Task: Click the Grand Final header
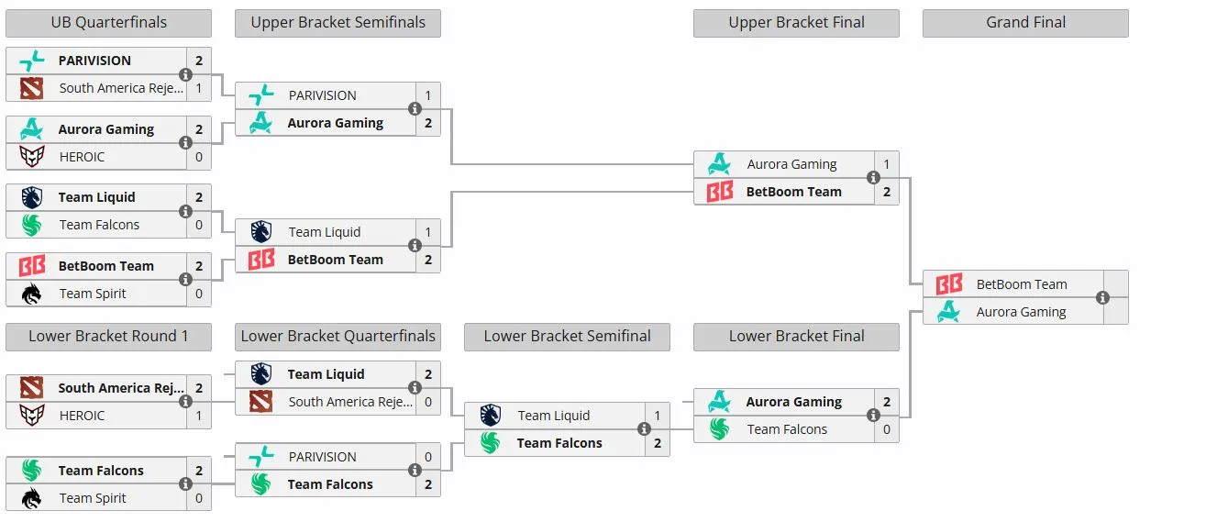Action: [x=1025, y=23]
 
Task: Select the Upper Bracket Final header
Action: [x=796, y=23]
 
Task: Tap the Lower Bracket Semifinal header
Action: [x=567, y=337]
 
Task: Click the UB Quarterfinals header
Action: [x=109, y=23]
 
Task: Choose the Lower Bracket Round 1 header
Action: [x=109, y=337]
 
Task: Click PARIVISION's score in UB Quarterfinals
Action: [x=199, y=61]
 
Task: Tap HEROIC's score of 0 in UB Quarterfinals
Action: [x=199, y=157]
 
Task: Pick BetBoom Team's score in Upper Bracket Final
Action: [x=887, y=192]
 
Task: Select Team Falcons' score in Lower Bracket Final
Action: [x=887, y=429]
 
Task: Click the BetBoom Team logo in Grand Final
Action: [x=948, y=283]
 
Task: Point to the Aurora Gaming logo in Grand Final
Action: [x=948, y=312]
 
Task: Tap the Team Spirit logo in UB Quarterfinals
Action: [x=32, y=294]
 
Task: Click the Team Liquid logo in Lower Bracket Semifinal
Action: [x=490, y=416]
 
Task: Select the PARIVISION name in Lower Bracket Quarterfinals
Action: [x=322, y=457]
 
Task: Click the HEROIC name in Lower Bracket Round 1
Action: [x=82, y=416]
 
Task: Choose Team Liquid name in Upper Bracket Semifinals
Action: [x=324, y=232]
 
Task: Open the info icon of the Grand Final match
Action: [x=1102, y=297]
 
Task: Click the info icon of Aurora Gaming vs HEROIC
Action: [x=185, y=143]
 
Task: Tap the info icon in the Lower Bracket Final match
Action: [x=873, y=415]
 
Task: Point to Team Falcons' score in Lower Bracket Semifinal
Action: [x=658, y=443]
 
